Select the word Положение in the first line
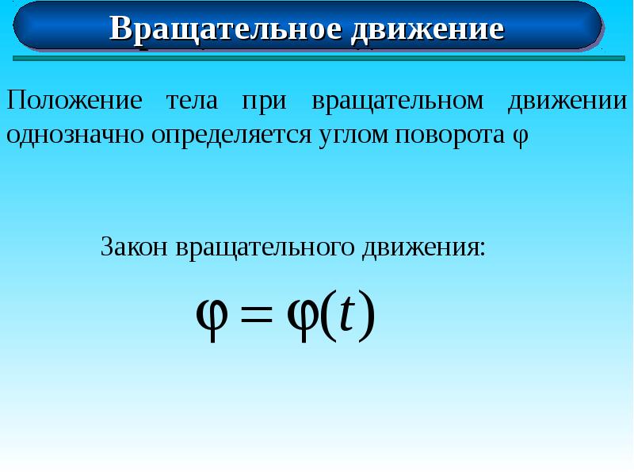tap(74, 101)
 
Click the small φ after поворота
tap(518, 136)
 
